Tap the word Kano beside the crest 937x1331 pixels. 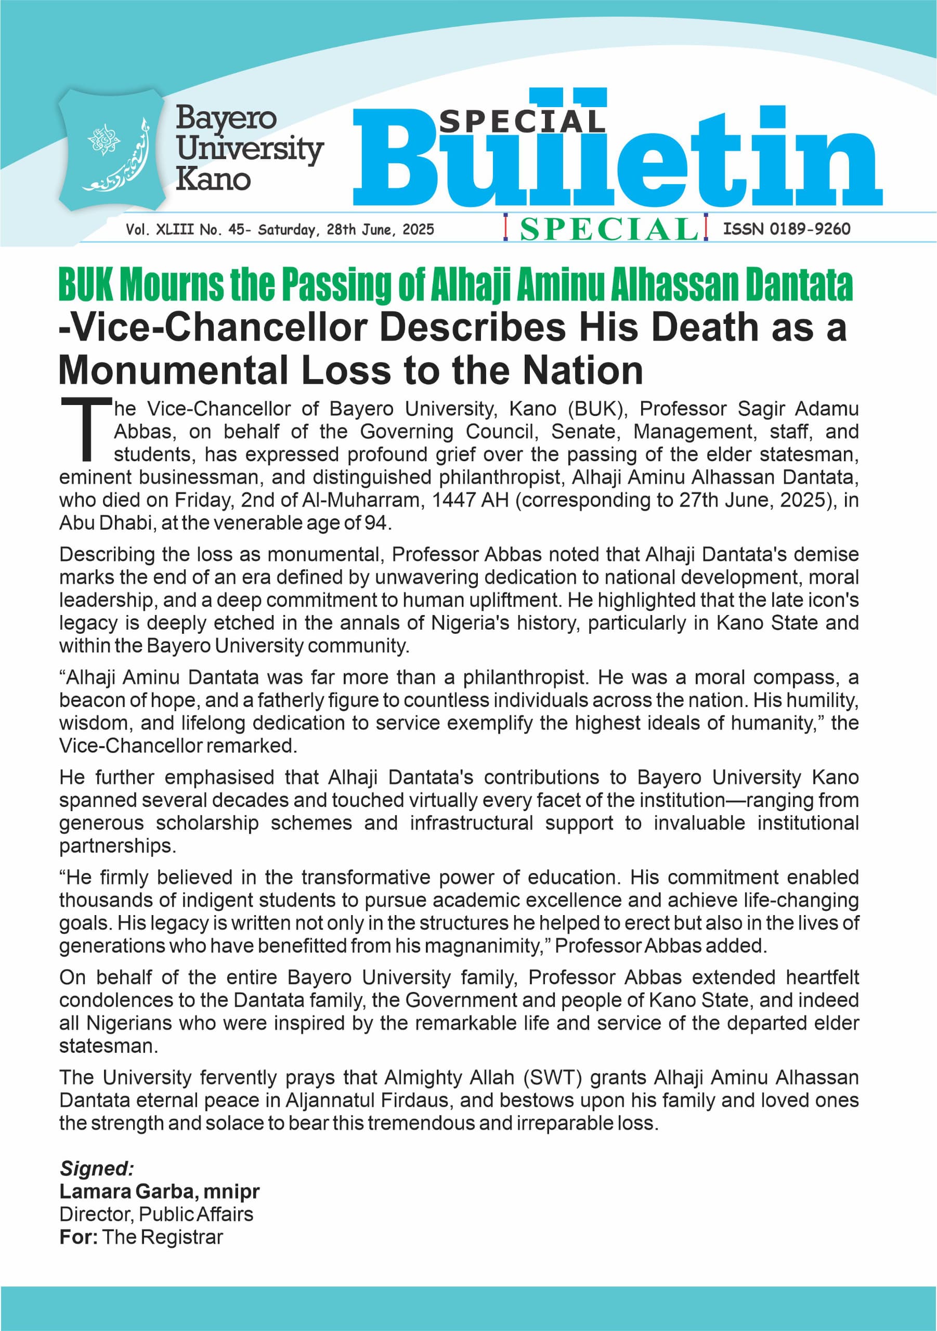click(213, 179)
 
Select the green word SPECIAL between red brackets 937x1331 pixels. click(608, 229)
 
